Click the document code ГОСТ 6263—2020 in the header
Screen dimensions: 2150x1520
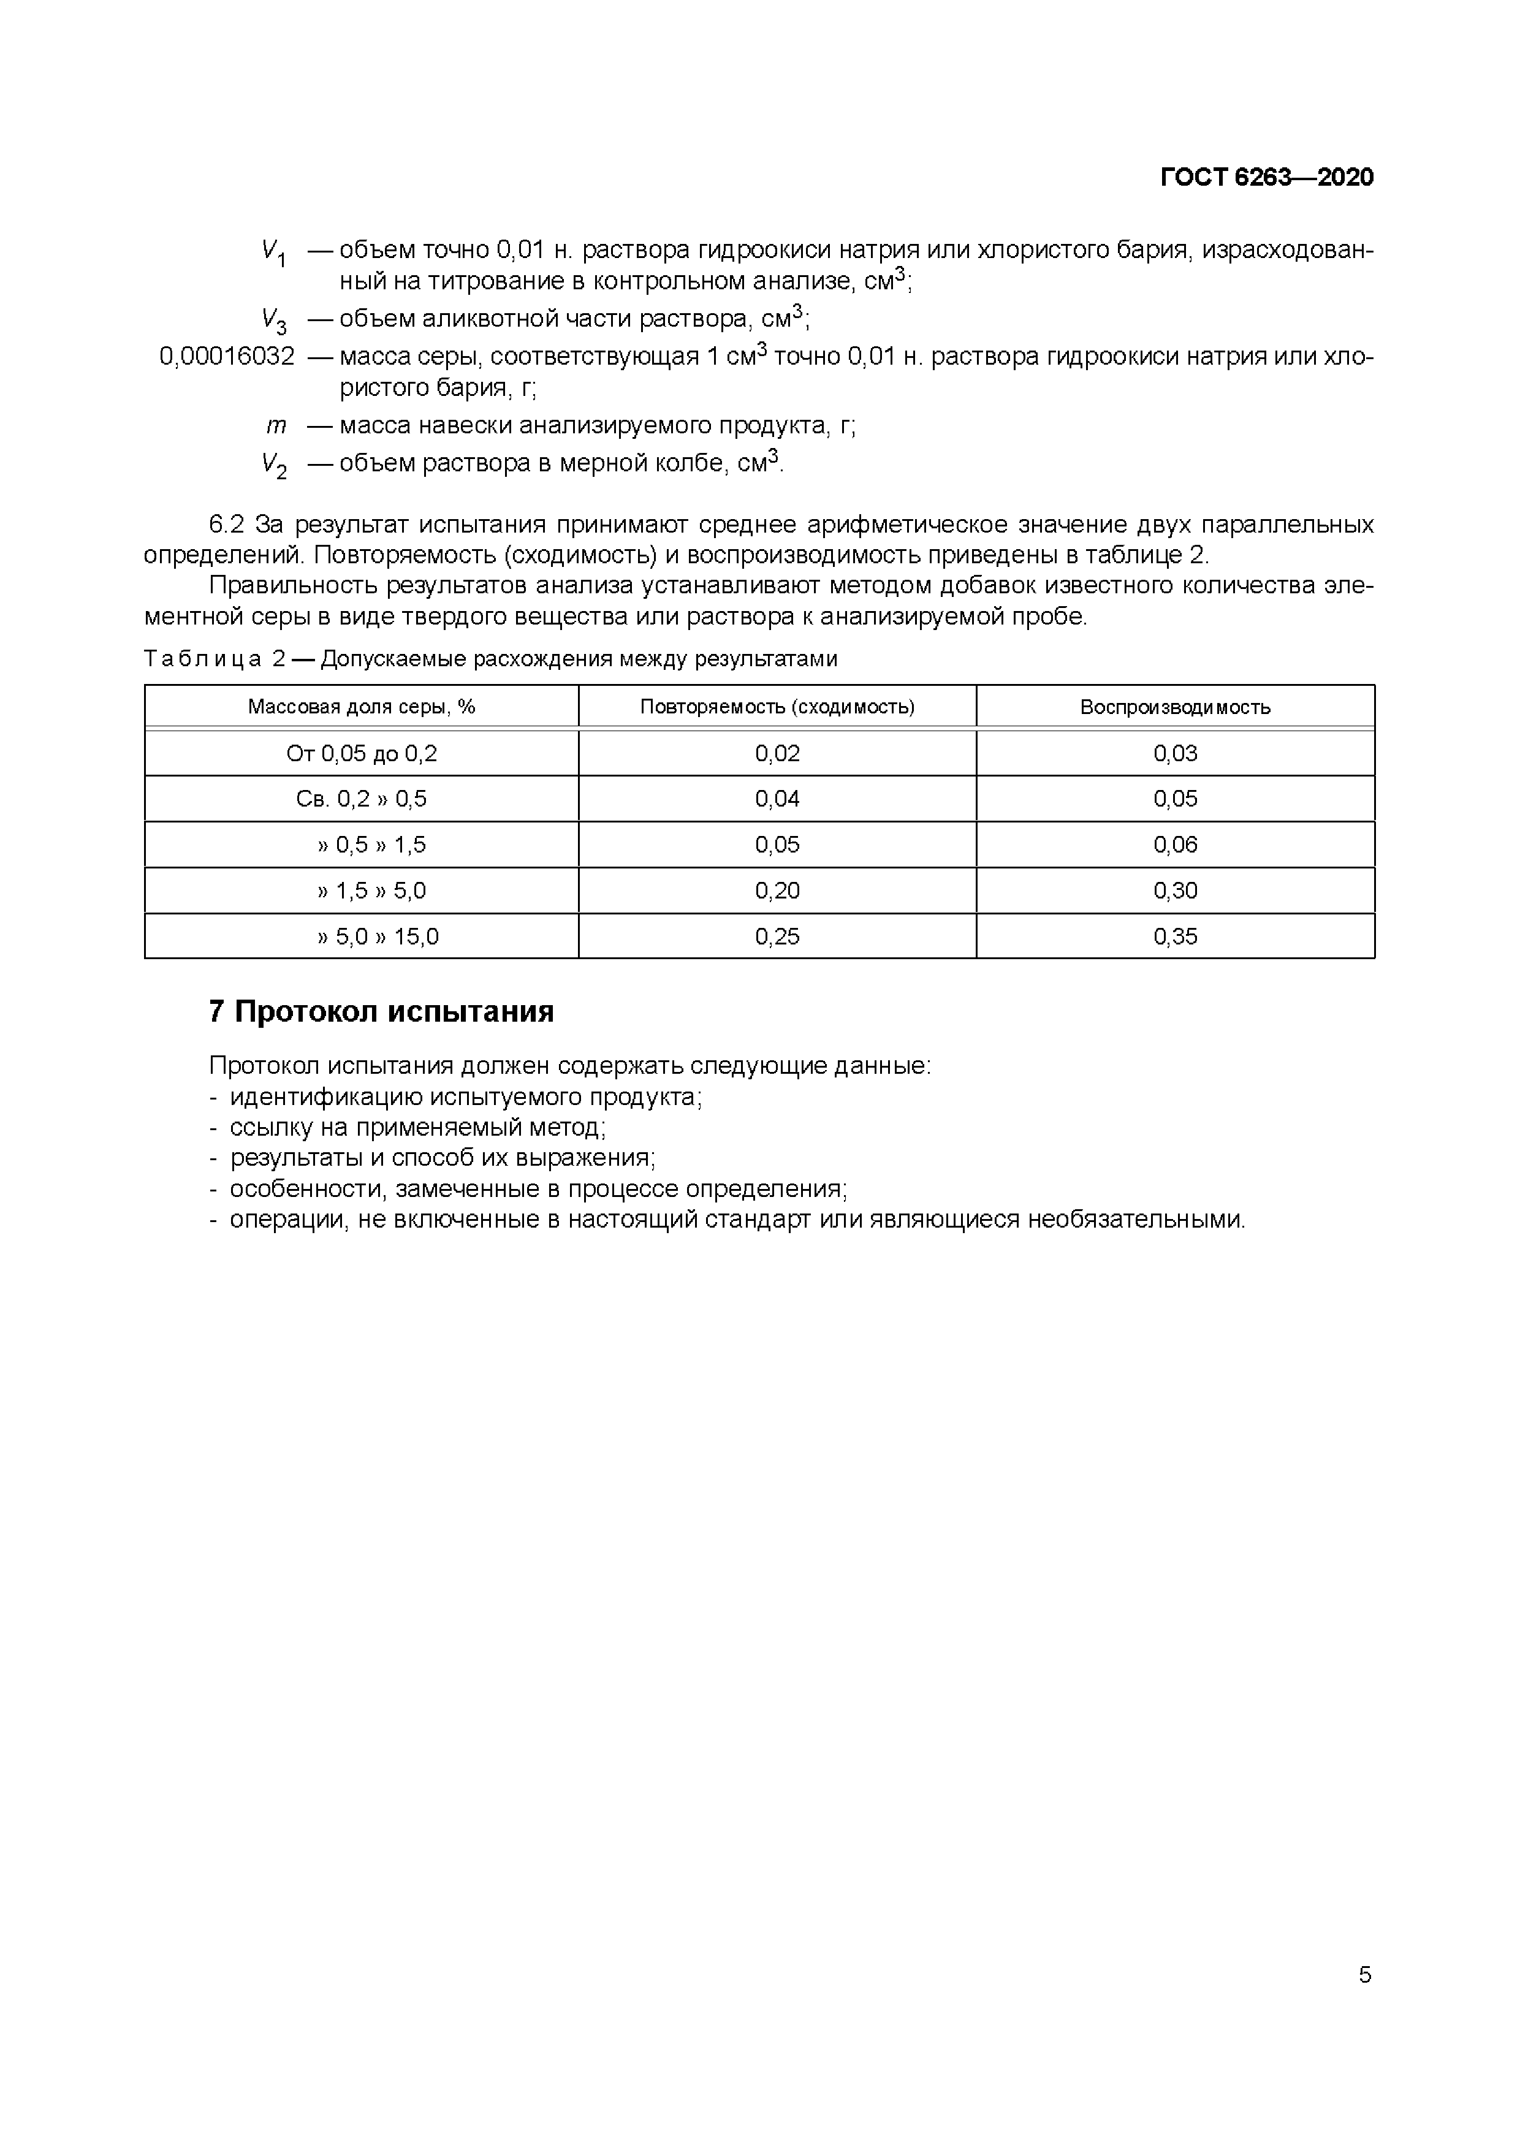coord(1266,178)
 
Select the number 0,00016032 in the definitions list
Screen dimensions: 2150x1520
coord(227,357)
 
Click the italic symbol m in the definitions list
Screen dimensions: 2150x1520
coord(275,426)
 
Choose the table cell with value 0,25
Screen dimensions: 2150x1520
coord(777,936)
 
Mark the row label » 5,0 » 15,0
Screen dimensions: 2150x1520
coord(378,936)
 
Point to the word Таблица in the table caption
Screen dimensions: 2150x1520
coord(202,659)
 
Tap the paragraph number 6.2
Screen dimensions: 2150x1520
coord(227,525)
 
